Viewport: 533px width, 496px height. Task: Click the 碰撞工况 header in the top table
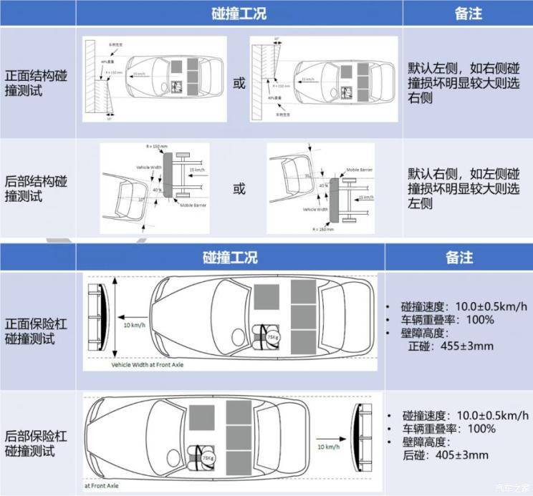pyautogui.click(x=239, y=14)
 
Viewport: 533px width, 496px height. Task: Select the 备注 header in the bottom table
pyautogui.click(x=458, y=257)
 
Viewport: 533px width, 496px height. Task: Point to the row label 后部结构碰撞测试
pyautogui.click(x=37, y=188)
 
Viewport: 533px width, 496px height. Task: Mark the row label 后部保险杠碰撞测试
pyautogui.click(x=37, y=442)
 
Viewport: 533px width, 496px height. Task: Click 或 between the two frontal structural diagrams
pyautogui.click(x=239, y=83)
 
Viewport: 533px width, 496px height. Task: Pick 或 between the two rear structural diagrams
pyautogui.click(x=239, y=189)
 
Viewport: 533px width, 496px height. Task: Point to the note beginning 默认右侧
pyautogui.click(x=464, y=188)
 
